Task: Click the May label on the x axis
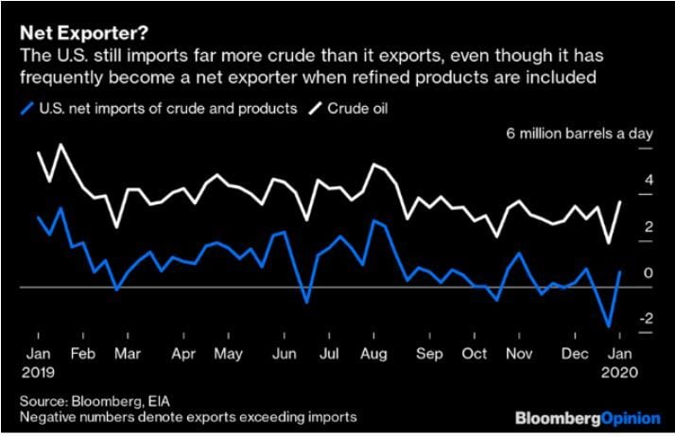[x=229, y=355]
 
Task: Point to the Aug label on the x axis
[x=372, y=355]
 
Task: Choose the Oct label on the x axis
[x=474, y=355]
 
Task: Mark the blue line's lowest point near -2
[x=609, y=326]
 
